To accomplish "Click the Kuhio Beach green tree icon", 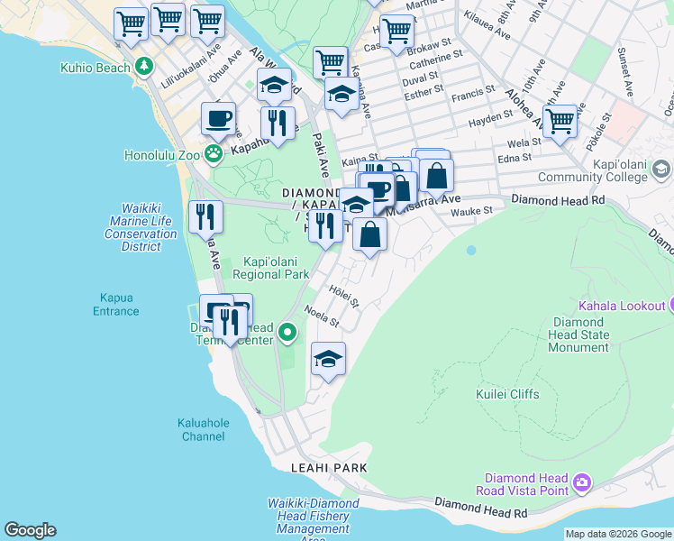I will click(x=144, y=68).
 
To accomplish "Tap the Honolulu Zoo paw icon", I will click(x=213, y=154).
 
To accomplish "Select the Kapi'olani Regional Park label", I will click(x=270, y=268).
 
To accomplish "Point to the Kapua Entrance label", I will click(x=115, y=304).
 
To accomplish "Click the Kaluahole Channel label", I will click(x=203, y=429).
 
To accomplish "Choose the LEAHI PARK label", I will click(x=329, y=468).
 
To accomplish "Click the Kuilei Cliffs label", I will click(x=507, y=394).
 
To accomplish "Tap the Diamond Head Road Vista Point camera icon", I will click(x=582, y=483).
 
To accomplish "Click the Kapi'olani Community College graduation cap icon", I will click(x=661, y=170).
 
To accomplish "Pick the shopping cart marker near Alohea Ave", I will click(x=560, y=121).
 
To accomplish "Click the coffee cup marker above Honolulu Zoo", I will click(x=218, y=118).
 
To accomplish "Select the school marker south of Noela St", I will click(x=328, y=360).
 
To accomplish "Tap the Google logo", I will click(x=30, y=530).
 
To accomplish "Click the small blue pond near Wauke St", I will click(x=470, y=250).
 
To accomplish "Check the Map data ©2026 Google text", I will click(x=618, y=534).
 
